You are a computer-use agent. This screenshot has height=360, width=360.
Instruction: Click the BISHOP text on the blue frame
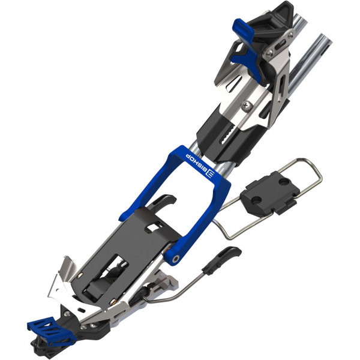click(195, 163)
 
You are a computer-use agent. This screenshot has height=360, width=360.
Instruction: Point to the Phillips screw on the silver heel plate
click(247, 105)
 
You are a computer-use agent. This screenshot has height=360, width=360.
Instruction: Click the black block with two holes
click(270, 193)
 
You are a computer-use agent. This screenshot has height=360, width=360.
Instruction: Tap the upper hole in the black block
click(284, 182)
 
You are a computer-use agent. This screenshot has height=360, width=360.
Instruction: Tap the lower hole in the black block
click(256, 201)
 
